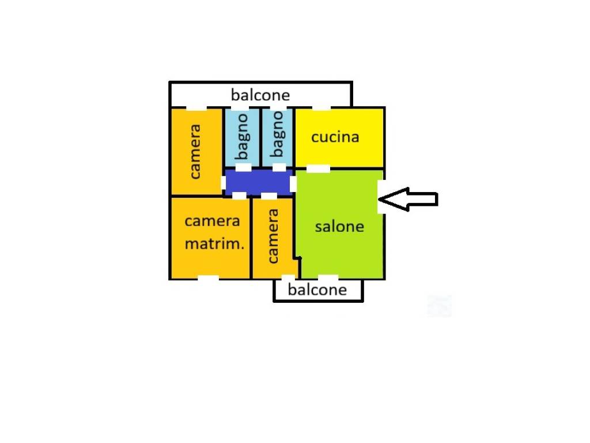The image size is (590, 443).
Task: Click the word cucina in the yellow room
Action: (x=335, y=137)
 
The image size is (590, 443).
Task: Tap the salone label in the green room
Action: (x=339, y=226)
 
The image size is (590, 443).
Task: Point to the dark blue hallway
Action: (x=258, y=182)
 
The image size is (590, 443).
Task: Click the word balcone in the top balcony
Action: (x=260, y=95)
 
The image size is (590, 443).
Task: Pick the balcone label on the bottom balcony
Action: (x=317, y=289)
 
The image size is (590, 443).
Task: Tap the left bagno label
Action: (x=242, y=136)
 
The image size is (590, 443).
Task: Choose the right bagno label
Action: (x=278, y=134)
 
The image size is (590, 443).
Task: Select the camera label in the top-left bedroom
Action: (x=196, y=151)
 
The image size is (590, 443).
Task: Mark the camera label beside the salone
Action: (x=273, y=236)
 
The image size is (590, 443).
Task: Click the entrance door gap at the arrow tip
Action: (x=381, y=197)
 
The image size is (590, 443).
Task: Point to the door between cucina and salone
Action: (x=317, y=168)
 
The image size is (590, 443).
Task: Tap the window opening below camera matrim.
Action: (x=208, y=279)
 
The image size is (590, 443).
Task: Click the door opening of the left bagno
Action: (x=243, y=167)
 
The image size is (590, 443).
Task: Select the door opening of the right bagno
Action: (x=279, y=167)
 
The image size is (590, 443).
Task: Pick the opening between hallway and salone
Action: (x=293, y=184)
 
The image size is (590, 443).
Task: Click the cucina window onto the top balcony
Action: (x=322, y=108)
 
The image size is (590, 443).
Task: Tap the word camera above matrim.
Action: (x=212, y=221)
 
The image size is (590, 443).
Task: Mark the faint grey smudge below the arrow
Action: (x=439, y=306)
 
